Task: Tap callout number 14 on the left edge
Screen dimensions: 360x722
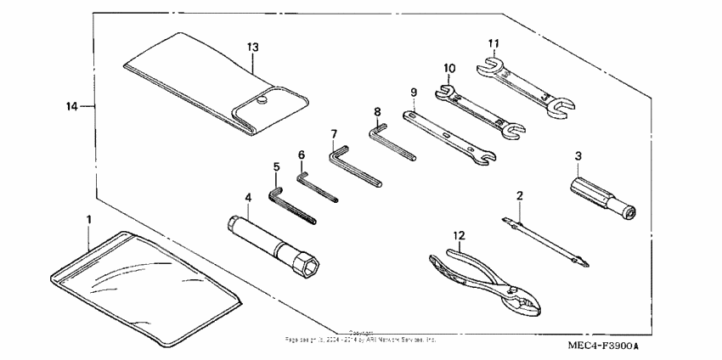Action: point(72,106)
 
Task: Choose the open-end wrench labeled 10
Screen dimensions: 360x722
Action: point(476,106)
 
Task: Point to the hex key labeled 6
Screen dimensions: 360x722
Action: point(318,188)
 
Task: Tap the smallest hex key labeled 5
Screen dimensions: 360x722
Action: point(292,208)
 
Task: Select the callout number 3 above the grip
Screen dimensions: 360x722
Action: point(578,155)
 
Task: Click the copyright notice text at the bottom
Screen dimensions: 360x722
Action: point(361,337)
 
